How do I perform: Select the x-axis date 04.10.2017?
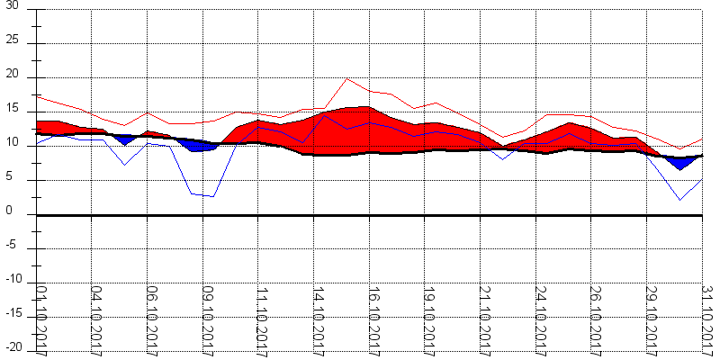(96, 319)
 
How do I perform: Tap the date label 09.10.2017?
(207, 319)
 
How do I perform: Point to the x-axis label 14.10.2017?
(318, 319)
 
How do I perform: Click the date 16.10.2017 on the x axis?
(373, 319)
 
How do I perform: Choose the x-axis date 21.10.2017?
(484, 319)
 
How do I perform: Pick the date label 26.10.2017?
(595, 319)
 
